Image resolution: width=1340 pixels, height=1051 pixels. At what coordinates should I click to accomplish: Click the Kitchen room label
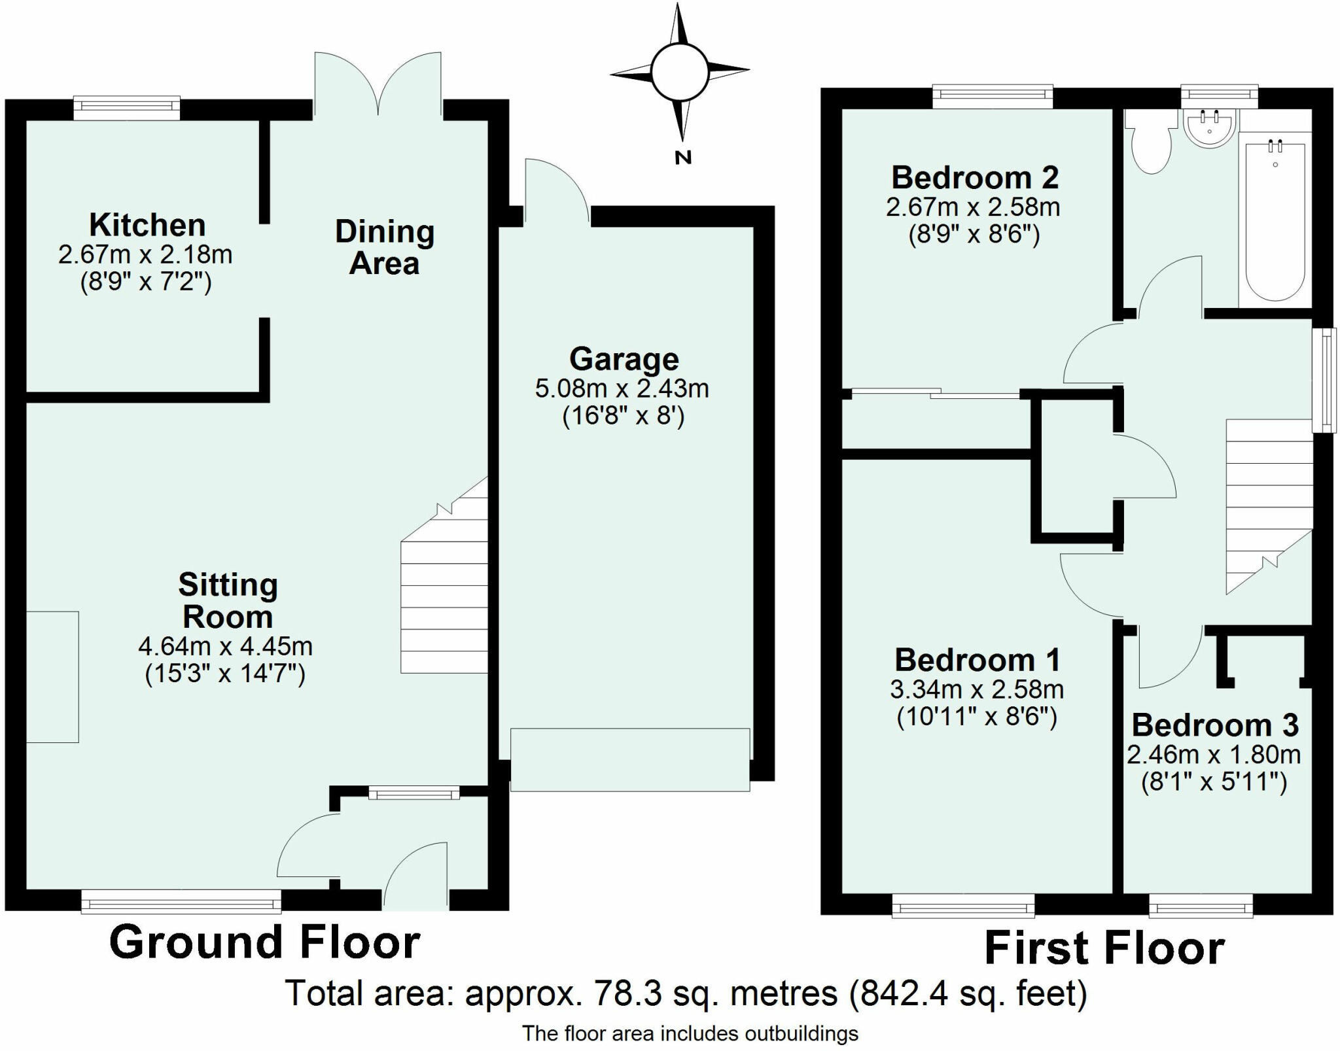[x=147, y=225]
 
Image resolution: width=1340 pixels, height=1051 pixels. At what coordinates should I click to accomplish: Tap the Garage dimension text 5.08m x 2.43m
[x=622, y=388]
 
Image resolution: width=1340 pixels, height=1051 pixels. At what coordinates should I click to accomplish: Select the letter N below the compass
[x=682, y=157]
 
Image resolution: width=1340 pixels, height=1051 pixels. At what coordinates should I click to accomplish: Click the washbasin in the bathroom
[x=1210, y=128]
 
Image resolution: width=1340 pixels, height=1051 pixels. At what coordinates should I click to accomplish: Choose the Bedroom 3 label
[x=1215, y=725]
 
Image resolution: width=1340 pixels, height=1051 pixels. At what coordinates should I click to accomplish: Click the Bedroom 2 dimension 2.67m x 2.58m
[x=973, y=207]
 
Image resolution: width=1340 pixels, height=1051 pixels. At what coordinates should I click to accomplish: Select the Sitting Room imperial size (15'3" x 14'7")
[x=225, y=674]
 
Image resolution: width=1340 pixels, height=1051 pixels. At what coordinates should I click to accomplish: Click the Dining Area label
[x=385, y=248]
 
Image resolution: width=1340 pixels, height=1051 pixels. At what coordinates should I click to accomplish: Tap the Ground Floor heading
[x=264, y=942]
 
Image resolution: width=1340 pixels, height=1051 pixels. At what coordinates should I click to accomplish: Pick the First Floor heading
[x=1104, y=948]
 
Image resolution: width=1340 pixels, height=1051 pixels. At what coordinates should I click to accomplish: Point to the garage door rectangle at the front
[x=630, y=759]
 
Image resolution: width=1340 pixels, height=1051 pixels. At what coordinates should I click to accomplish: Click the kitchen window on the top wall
[x=127, y=109]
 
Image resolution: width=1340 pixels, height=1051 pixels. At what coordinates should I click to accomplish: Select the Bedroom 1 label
[x=978, y=660]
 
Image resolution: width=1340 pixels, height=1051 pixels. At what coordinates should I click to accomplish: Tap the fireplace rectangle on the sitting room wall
[x=52, y=677]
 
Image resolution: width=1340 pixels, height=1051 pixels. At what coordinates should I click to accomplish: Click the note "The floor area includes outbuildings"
[x=690, y=1033]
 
